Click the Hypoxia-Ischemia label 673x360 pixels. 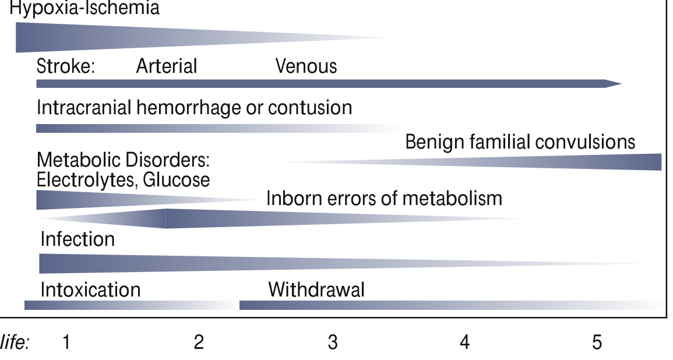point(84,8)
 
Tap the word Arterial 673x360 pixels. point(167,66)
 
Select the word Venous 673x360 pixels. point(306,66)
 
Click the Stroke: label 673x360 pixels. point(66,66)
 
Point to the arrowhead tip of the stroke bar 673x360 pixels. point(622,84)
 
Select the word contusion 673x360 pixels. point(310,107)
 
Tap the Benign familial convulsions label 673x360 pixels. point(520,142)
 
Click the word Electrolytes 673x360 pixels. point(87,180)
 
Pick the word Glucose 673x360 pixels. point(177,180)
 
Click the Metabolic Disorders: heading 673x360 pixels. point(123,160)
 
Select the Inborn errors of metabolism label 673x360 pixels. point(384,198)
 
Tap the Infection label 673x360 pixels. point(77,239)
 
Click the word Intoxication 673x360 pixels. point(90,290)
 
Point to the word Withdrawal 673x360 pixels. point(316,290)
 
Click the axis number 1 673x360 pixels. point(66,343)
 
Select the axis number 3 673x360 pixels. point(333,343)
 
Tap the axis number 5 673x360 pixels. point(597,343)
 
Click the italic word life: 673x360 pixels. point(15,343)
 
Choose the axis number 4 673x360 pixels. point(465,343)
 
